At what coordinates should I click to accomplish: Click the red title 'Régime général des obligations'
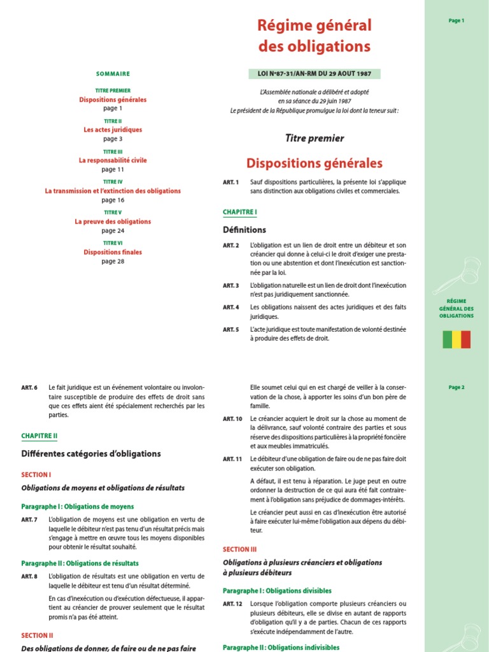tap(314, 36)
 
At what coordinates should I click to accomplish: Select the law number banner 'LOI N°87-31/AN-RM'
tap(314, 74)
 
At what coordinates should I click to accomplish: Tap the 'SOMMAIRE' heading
tap(113, 74)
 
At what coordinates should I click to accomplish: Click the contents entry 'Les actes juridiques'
tap(113, 130)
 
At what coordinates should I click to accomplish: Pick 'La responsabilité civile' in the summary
tap(113, 160)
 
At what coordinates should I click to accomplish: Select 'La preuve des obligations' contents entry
tap(113, 222)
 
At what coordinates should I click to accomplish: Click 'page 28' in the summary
tap(113, 261)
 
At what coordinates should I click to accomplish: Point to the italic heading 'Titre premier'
tap(315, 138)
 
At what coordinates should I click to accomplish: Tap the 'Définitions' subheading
tap(244, 230)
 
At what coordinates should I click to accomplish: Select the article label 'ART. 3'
tap(230, 286)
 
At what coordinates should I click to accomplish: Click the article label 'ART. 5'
tap(230, 330)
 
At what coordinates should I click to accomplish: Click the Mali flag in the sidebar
tap(457, 339)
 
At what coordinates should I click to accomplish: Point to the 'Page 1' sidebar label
tap(457, 20)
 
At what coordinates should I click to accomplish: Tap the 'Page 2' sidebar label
tap(457, 387)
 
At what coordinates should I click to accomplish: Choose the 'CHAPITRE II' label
tap(39, 436)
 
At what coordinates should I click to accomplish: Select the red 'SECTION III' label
tap(239, 549)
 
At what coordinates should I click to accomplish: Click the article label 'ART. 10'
tap(232, 419)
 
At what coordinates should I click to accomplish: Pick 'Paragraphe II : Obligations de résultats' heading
tap(80, 563)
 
